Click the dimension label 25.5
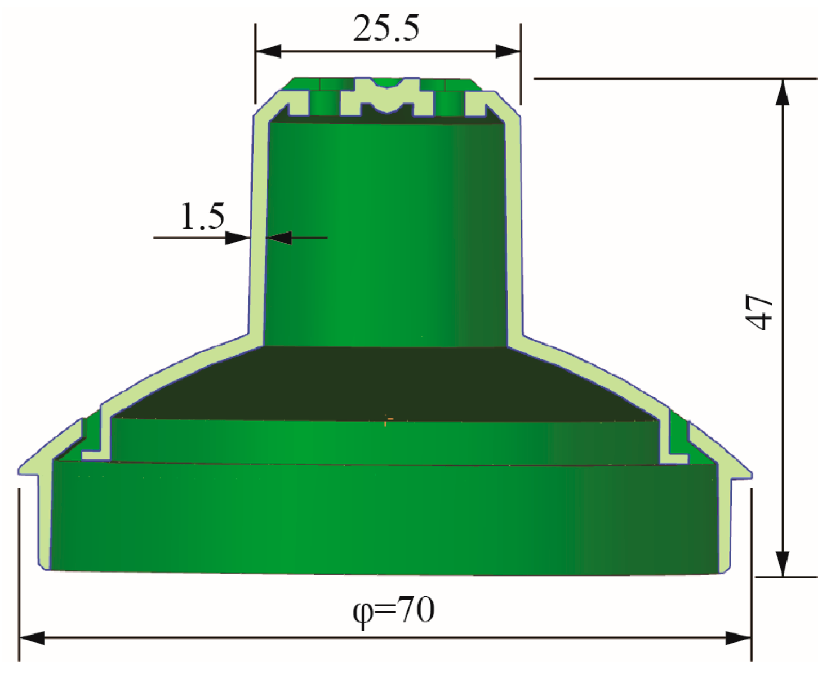(386, 28)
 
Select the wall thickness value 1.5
(202, 216)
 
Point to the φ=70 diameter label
(393, 610)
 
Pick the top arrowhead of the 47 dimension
(782, 93)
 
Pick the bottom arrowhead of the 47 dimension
(782, 563)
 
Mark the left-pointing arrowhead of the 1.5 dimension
(279, 238)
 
